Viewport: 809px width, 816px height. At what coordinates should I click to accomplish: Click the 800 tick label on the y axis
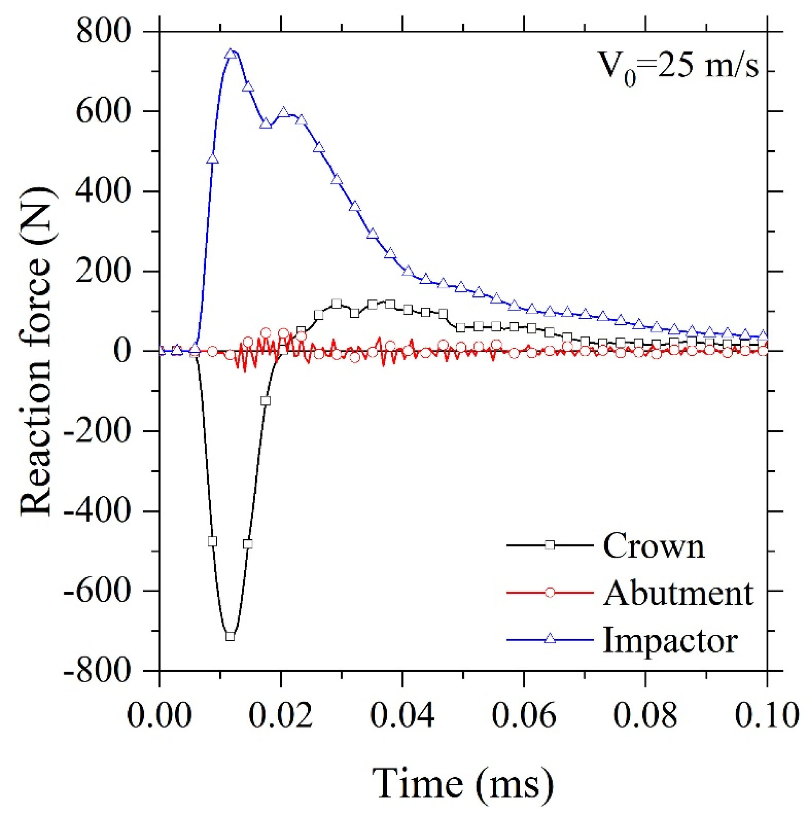103,32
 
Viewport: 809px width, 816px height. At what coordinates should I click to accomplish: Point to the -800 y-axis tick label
97,671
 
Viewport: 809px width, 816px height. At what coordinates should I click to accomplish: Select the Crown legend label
654,546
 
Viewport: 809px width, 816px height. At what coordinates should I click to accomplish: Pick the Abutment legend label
678,593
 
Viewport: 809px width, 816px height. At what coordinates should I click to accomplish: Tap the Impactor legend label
670,640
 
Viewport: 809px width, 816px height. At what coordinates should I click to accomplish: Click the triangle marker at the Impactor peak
230,54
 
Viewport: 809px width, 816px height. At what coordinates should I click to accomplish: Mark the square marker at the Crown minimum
230,636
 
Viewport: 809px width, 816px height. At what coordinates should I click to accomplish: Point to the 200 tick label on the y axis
103,271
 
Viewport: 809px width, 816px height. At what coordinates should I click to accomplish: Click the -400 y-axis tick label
97,511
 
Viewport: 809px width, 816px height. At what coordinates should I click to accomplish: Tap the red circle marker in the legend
549,593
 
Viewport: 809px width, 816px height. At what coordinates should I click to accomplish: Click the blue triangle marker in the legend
549,639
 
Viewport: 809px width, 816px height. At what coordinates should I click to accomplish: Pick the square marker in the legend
549,545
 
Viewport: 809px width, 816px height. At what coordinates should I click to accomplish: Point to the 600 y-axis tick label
103,112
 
